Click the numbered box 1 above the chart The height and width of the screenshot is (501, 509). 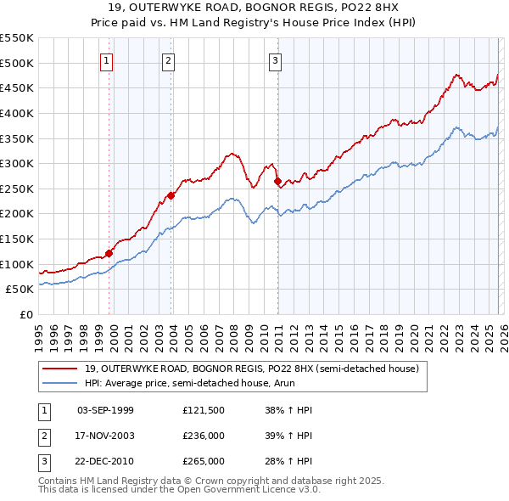(x=107, y=60)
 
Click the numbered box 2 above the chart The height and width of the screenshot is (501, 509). (x=169, y=60)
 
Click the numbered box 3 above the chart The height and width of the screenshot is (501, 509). (x=276, y=60)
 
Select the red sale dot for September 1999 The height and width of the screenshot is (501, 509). (x=109, y=253)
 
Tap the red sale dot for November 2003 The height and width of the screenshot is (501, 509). (x=171, y=195)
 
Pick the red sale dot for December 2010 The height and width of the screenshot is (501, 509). (x=277, y=181)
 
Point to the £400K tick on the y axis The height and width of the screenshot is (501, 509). (x=17, y=113)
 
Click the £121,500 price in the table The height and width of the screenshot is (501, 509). (x=203, y=410)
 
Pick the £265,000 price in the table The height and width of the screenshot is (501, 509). (x=203, y=461)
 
